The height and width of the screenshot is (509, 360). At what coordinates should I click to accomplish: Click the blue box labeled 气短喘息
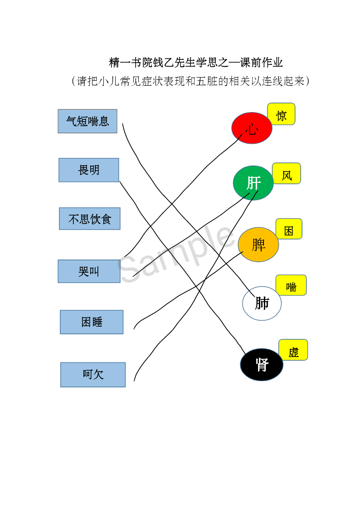click(88, 121)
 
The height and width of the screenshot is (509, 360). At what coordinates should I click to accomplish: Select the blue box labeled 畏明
click(89, 170)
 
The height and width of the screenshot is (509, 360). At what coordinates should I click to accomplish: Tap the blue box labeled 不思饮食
click(90, 219)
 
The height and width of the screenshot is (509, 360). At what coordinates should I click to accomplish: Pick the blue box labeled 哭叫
click(89, 271)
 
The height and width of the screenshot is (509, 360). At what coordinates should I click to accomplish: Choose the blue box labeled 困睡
click(92, 322)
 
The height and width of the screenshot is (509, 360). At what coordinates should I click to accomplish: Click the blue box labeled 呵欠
click(93, 375)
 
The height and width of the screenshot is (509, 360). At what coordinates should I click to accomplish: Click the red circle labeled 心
click(252, 128)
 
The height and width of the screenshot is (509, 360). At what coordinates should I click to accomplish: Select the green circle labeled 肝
click(253, 183)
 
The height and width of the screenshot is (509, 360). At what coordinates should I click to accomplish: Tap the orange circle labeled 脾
click(258, 245)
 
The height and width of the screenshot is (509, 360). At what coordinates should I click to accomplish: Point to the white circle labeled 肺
click(262, 303)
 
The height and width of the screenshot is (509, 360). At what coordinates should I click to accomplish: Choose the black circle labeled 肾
click(262, 365)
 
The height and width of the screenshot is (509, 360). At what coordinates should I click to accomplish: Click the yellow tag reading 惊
click(281, 114)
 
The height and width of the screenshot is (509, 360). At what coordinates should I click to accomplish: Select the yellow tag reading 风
click(287, 173)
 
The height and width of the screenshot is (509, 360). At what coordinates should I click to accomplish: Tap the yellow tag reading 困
click(289, 229)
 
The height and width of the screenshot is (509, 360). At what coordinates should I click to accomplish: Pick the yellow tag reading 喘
click(291, 285)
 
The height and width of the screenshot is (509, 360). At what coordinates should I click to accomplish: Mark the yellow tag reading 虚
click(293, 350)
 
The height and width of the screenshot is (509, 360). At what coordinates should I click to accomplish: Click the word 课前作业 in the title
click(262, 62)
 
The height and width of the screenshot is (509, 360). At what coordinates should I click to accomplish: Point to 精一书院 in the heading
click(131, 62)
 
